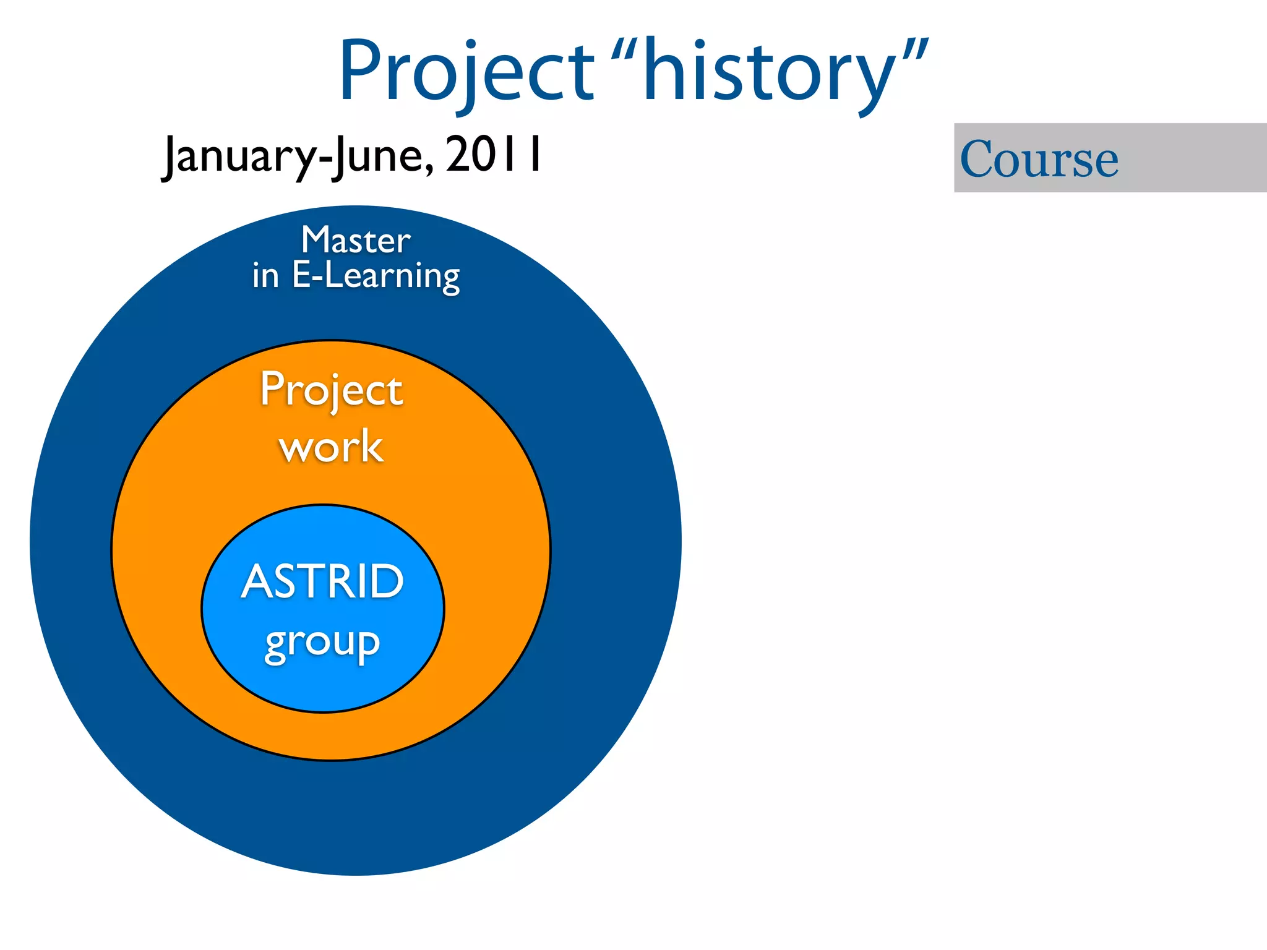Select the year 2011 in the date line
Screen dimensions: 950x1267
pyautogui.click(x=493, y=155)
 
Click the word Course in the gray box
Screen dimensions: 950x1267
pyautogui.click(x=1039, y=159)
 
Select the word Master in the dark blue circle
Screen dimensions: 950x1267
pyautogui.click(x=356, y=240)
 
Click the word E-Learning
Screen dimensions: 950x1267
pyautogui.click(x=376, y=276)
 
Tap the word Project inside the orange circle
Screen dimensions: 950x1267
pyautogui.click(x=331, y=390)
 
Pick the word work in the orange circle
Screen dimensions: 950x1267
pyautogui.click(x=331, y=447)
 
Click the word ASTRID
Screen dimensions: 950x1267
pyautogui.click(x=322, y=581)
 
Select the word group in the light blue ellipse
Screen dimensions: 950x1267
pyautogui.click(x=322, y=643)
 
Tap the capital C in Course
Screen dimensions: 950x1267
pyautogui.click(x=981, y=159)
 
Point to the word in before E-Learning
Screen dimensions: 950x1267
pyautogui.click(x=265, y=276)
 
